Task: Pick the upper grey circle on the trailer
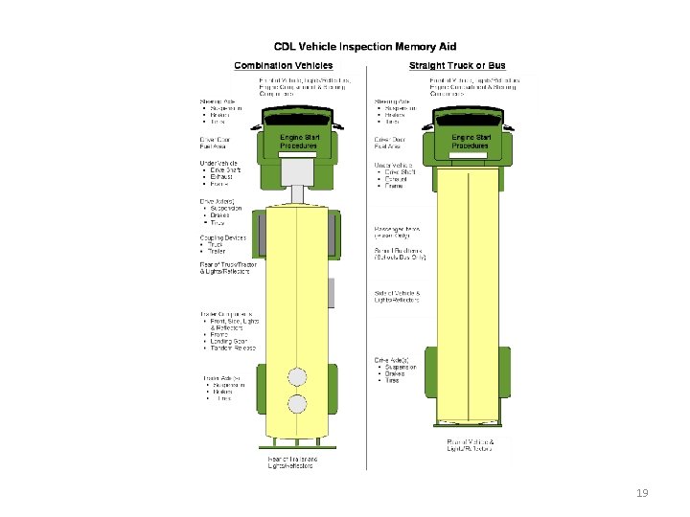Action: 300,375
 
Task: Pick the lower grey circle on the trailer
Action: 300,403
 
